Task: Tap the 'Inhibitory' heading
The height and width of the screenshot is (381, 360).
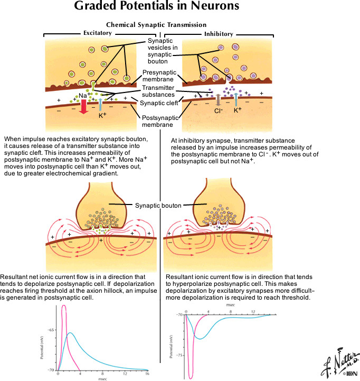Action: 218,34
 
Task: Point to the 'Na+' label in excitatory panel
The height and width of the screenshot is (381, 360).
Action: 83,95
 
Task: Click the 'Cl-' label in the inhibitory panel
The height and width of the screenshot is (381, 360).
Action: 217,111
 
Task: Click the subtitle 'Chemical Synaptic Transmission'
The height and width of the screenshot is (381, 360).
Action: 156,24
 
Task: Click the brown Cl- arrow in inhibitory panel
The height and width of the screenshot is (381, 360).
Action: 217,99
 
